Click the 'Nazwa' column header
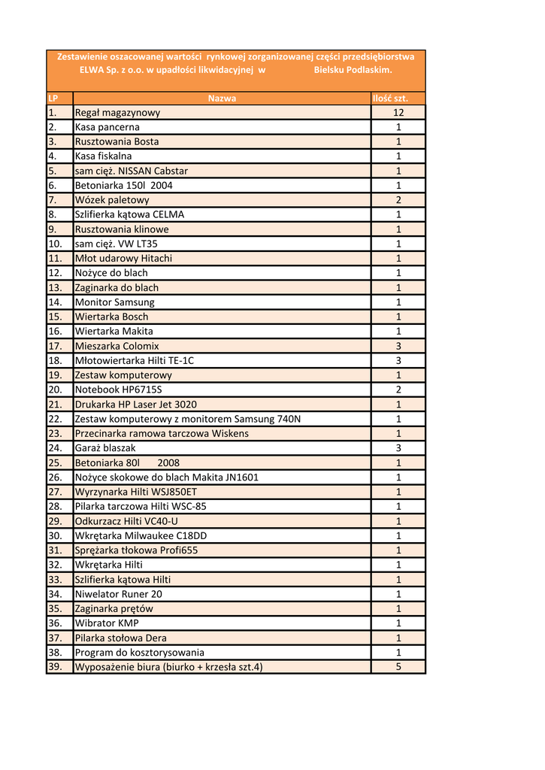tap(222, 98)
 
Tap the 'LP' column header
tap(53, 98)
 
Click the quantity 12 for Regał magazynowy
tap(398, 113)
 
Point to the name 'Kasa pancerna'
tap(107, 127)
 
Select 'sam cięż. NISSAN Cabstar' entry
tap(131, 171)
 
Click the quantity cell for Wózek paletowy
tap(398, 200)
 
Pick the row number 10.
tap(55, 244)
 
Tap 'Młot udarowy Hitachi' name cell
tap(123, 259)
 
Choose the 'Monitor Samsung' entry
tap(114, 302)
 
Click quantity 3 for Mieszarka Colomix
tap(398, 346)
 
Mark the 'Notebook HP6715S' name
tap(118, 390)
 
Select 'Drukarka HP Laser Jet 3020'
tap(135, 405)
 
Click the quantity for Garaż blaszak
tap(398, 448)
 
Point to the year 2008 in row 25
tap(168, 462)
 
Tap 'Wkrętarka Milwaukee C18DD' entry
tap(141, 535)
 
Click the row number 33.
tap(55, 579)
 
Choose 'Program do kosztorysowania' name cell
tap(139, 652)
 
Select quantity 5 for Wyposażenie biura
tap(398, 667)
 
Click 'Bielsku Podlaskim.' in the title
tap(353, 69)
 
